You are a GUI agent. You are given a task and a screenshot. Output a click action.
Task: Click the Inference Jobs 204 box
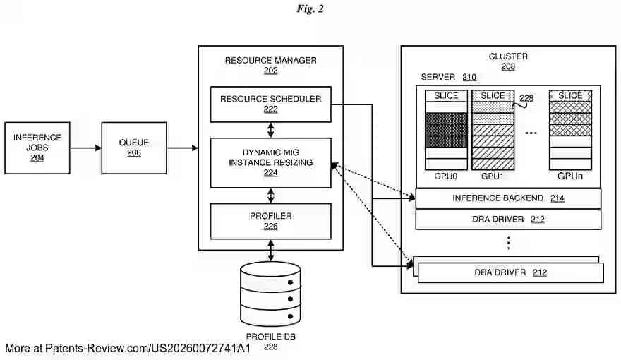point(37,148)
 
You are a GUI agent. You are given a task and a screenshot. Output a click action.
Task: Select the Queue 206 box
point(134,148)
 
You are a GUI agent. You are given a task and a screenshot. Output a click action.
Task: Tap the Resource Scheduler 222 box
point(270,104)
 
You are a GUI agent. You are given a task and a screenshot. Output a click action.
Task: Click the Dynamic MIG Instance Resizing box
point(270,162)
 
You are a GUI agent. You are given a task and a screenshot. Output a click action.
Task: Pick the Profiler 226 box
point(270,221)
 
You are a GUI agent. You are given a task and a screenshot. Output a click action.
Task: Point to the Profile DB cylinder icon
point(270,293)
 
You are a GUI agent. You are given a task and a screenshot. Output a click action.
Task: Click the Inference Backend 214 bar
point(508,198)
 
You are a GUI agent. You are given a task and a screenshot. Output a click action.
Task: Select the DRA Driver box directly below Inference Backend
point(508,220)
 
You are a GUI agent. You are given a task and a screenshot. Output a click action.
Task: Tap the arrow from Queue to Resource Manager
point(182,148)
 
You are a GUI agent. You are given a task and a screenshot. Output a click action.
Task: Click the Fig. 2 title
point(310,9)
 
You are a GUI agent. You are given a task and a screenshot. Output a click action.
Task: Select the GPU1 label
point(493,176)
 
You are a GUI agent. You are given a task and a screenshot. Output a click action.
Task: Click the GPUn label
point(570,176)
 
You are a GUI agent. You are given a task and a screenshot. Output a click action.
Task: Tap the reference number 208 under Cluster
point(508,67)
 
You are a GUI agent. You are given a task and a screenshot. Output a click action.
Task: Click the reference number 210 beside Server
point(469,78)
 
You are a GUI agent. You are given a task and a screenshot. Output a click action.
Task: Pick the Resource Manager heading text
point(270,60)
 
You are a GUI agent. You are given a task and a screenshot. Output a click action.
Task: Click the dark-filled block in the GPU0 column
point(446,130)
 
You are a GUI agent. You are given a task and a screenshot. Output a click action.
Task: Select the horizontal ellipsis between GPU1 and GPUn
point(532,133)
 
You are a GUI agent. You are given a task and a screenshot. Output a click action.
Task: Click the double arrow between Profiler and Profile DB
point(270,249)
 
